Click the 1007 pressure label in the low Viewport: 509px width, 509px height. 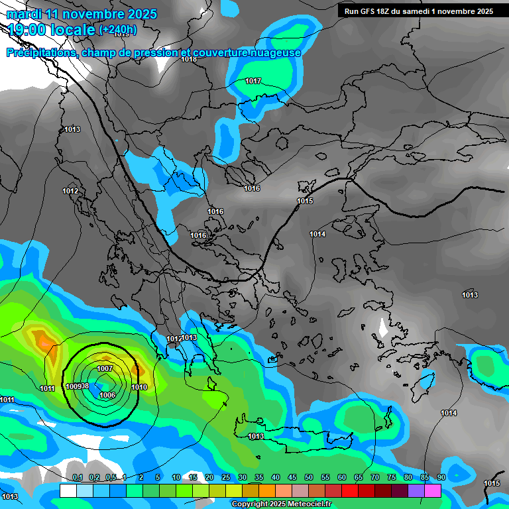tap(105, 368)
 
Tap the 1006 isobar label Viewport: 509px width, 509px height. tap(107, 395)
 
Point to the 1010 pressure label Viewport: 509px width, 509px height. tap(139, 387)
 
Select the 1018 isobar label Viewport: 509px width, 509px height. tap(189, 59)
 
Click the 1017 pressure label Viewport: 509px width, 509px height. tap(253, 82)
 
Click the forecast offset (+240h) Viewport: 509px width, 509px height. tap(117, 30)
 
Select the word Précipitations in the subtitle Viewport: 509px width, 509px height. tap(40, 53)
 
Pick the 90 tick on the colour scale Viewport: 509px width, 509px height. tap(441, 477)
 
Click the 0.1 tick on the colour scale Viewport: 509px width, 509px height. tap(77, 477)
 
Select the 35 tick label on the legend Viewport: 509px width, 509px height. tap(258, 477)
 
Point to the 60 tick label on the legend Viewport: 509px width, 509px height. tap(341, 477)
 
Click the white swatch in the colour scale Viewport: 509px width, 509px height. tap(68, 490)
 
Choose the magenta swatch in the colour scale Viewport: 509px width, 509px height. tap(433, 490)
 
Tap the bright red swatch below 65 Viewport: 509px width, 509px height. tap(350, 490)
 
